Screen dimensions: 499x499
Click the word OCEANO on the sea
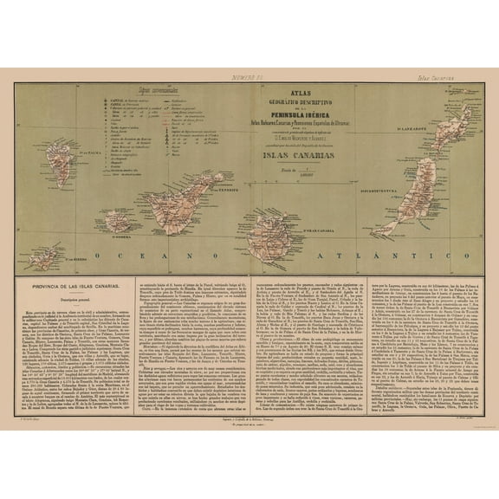pyautogui.click(x=138, y=257)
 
